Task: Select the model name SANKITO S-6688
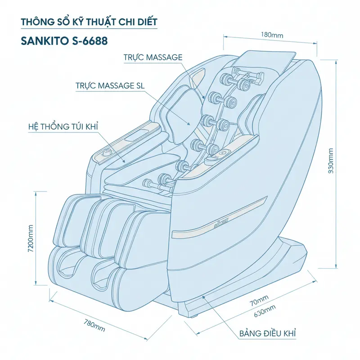pos(65,40)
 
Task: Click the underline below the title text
pos(90,30)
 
